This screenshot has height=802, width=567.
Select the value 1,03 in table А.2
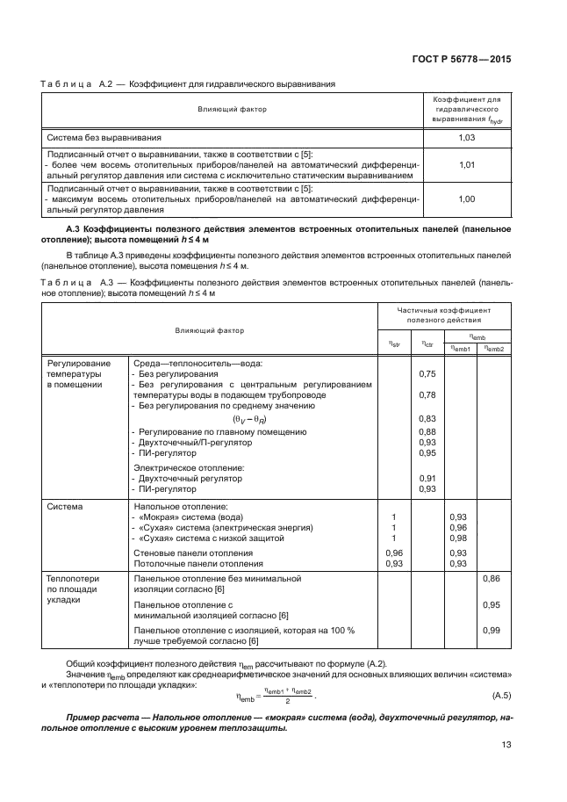tap(467, 138)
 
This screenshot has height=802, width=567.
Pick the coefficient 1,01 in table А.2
tap(467, 164)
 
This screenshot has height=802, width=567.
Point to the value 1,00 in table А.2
tap(467, 199)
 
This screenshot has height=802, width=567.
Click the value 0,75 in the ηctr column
tap(427, 374)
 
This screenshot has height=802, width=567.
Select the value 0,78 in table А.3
tap(427, 395)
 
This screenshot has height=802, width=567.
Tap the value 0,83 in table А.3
tap(427, 419)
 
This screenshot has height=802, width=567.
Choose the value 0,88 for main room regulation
tap(427, 432)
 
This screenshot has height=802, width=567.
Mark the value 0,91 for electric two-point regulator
tap(427, 479)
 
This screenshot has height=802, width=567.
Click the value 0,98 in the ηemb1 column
tap(457, 538)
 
